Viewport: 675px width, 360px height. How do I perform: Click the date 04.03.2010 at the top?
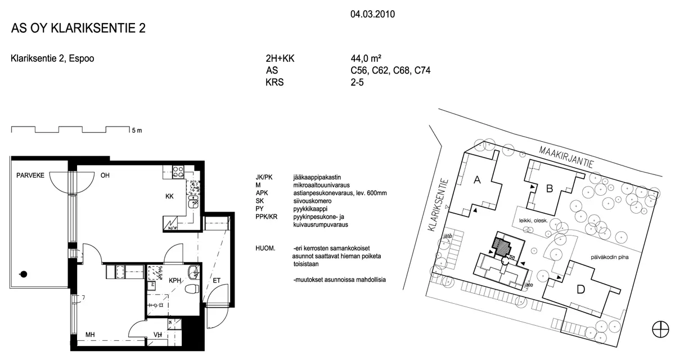tap(372, 14)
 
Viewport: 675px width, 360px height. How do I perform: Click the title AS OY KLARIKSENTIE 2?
tap(78, 28)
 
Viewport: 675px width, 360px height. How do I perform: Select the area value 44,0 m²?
tap(366, 58)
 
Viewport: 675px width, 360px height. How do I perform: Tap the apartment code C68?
tap(401, 70)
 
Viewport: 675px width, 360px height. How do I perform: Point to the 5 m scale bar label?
tap(137, 130)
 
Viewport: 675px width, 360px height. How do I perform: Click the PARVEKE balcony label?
tap(30, 175)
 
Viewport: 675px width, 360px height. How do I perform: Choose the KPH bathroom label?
tap(175, 281)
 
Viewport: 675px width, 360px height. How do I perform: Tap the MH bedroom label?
tap(90, 334)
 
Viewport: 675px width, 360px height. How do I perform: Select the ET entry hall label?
tap(217, 281)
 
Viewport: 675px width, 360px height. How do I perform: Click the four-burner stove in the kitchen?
tap(178, 172)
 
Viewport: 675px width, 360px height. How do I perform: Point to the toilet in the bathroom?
tap(192, 289)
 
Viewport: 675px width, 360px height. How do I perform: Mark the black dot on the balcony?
tap(24, 274)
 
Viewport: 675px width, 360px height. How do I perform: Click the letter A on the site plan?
tap(477, 180)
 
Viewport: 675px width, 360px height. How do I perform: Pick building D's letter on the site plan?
tap(580, 290)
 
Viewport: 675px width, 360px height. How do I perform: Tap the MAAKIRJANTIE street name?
tap(566, 157)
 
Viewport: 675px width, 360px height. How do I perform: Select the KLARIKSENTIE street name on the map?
tap(438, 205)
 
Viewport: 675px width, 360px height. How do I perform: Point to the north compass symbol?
tap(660, 329)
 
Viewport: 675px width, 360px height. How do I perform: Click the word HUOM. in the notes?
tap(265, 249)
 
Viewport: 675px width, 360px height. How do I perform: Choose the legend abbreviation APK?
tap(262, 193)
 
